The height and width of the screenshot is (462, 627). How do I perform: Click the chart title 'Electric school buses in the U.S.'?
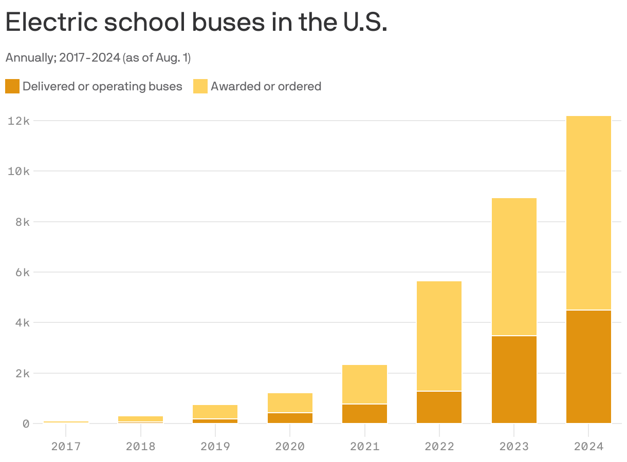tap(196, 23)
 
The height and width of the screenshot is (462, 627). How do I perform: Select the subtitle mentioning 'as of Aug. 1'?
tap(98, 58)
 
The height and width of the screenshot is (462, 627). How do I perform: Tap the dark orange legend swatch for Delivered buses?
tap(12, 86)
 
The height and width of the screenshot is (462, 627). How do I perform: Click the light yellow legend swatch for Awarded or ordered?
tap(200, 86)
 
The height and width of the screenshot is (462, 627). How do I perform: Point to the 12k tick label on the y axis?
tap(19, 121)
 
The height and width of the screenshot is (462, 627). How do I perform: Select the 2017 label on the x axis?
tap(66, 446)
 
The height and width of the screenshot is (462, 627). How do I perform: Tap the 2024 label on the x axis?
tap(588, 446)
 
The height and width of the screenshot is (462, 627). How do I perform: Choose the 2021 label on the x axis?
tap(364, 446)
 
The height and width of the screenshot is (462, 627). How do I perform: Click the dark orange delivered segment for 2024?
tap(588, 367)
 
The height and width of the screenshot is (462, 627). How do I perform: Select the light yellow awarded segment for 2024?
tap(588, 213)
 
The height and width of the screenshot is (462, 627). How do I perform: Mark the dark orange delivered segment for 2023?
tap(514, 379)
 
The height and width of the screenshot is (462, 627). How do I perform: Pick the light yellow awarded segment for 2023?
tap(514, 266)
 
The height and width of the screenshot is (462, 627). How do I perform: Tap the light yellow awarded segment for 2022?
tap(439, 336)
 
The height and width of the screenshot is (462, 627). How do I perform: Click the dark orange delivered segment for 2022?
tap(439, 407)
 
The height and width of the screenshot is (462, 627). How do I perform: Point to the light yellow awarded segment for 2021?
tap(364, 384)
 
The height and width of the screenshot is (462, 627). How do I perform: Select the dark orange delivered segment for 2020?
tap(290, 418)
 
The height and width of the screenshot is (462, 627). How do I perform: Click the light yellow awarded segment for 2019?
tap(215, 412)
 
